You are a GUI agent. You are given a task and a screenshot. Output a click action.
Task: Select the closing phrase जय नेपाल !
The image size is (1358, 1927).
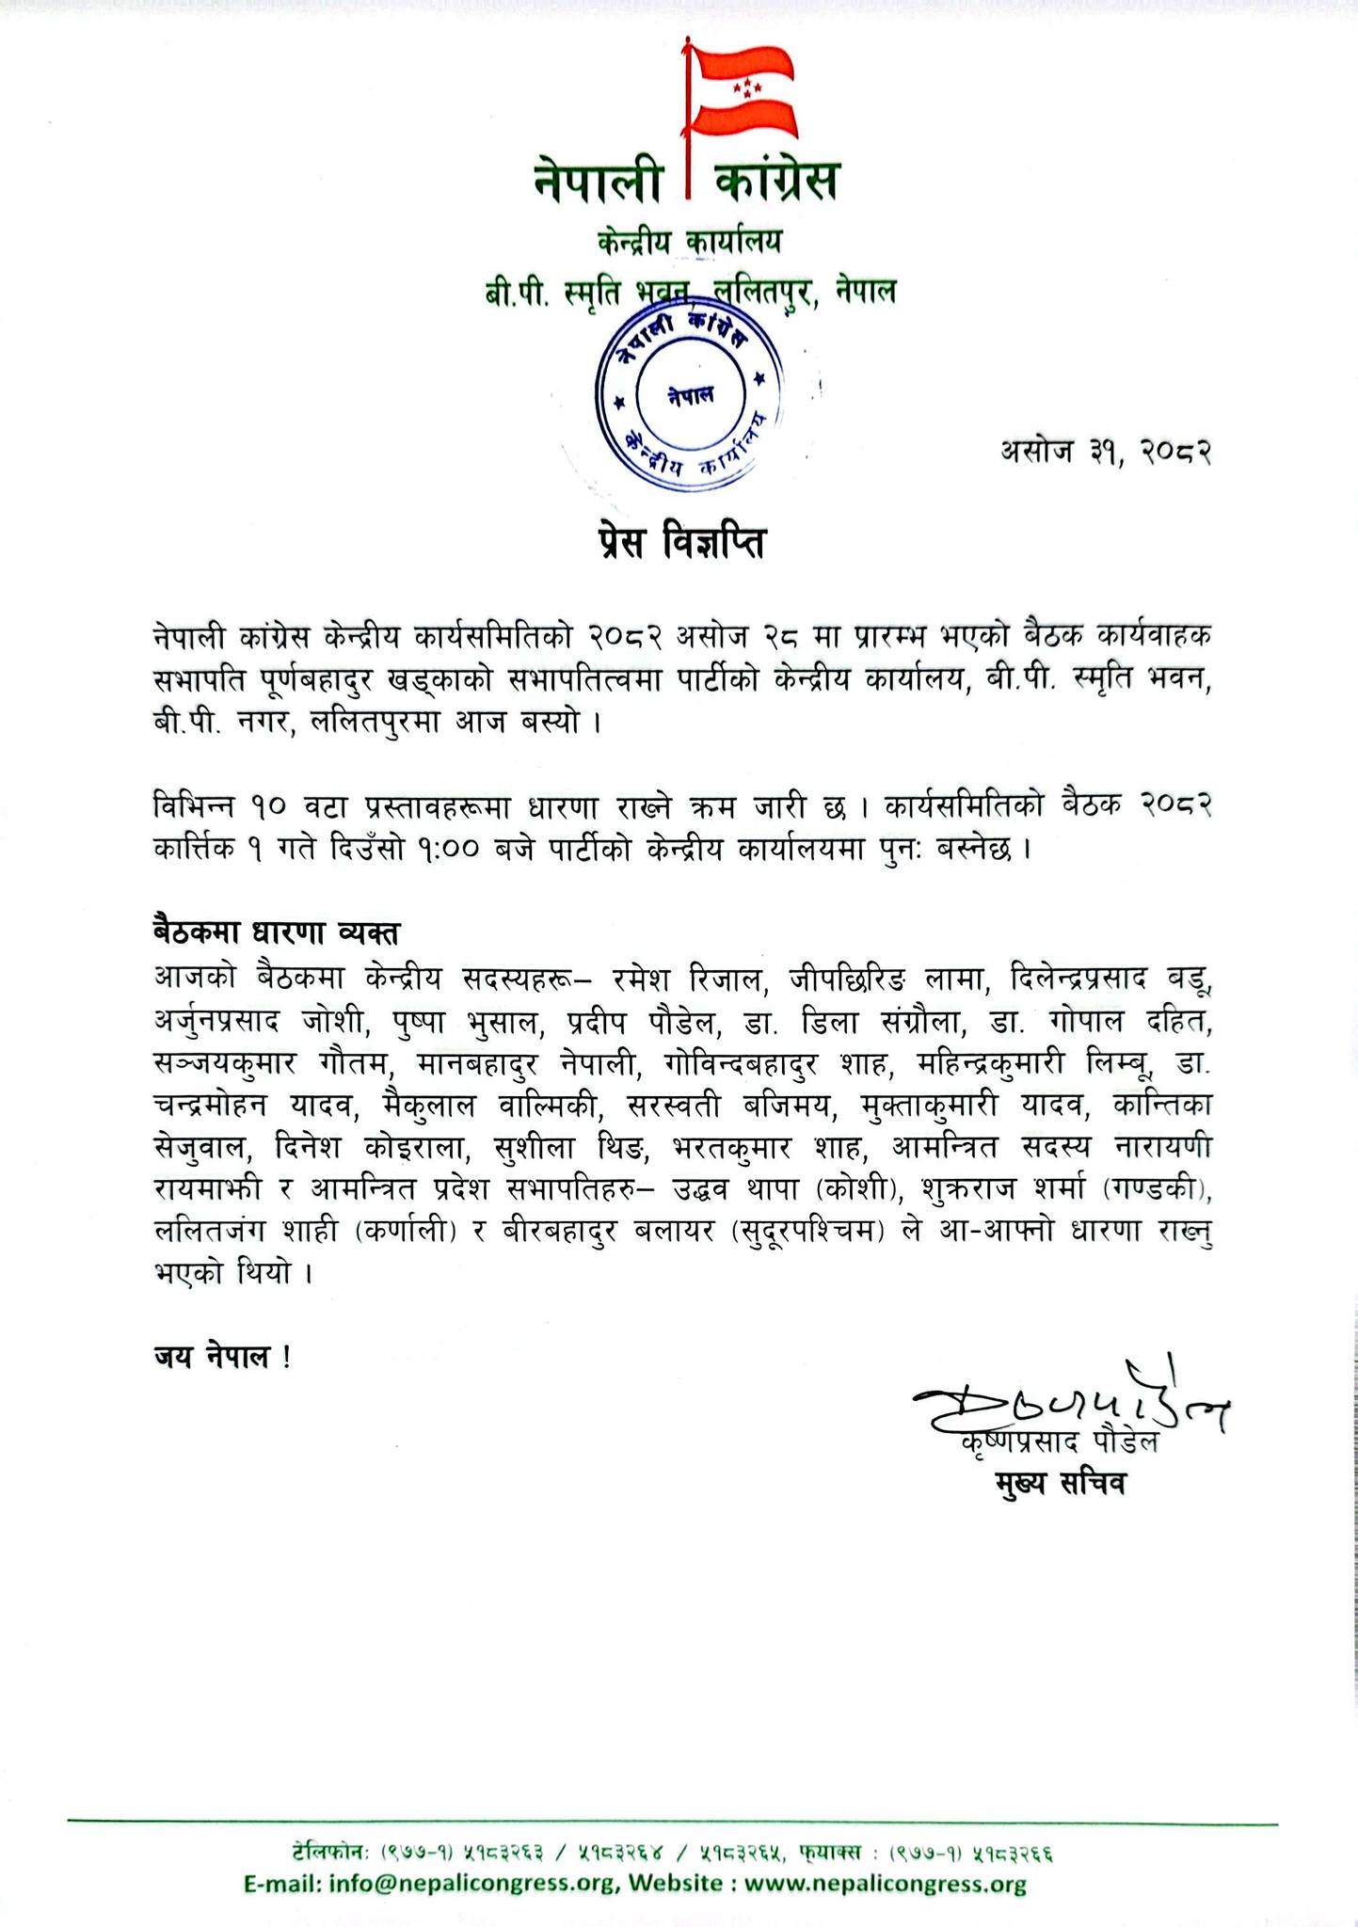coord(222,1357)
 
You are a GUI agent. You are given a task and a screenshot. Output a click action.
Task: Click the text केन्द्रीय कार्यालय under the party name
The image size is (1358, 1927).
coord(690,243)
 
